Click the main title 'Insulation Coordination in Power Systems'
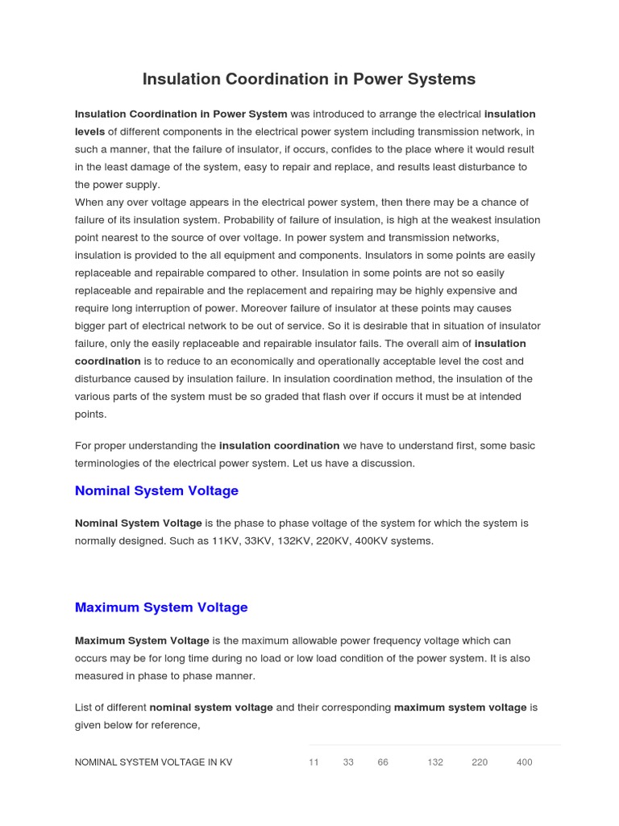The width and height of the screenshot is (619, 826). click(309, 79)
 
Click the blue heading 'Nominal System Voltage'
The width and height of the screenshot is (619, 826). click(156, 490)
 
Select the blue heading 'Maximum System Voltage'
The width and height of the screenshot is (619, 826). click(161, 607)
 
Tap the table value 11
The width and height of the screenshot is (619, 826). click(314, 762)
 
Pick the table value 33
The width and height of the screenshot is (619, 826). click(348, 762)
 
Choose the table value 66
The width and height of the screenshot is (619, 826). click(383, 762)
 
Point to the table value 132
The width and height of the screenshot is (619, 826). click(435, 762)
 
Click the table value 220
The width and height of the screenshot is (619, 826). click(480, 762)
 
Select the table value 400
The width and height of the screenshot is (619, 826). click(524, 762)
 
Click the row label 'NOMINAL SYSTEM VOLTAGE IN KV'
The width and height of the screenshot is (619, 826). click(153, 762)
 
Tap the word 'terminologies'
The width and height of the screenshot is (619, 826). click(107, 464)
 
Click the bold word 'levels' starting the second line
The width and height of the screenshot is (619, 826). click(89, 131)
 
